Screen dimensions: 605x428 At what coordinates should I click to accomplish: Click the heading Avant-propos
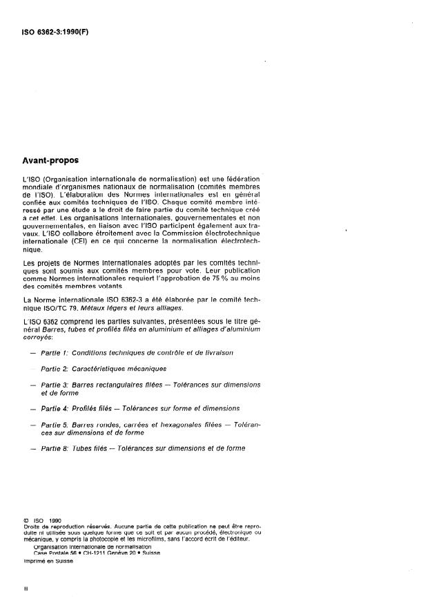[x=50, y=160]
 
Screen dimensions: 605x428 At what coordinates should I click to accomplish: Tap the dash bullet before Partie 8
[x=27, y=449]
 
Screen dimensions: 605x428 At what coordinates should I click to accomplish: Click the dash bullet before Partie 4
[x=27, y=409]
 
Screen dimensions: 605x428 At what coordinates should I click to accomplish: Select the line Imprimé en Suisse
[x=48, y=561]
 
